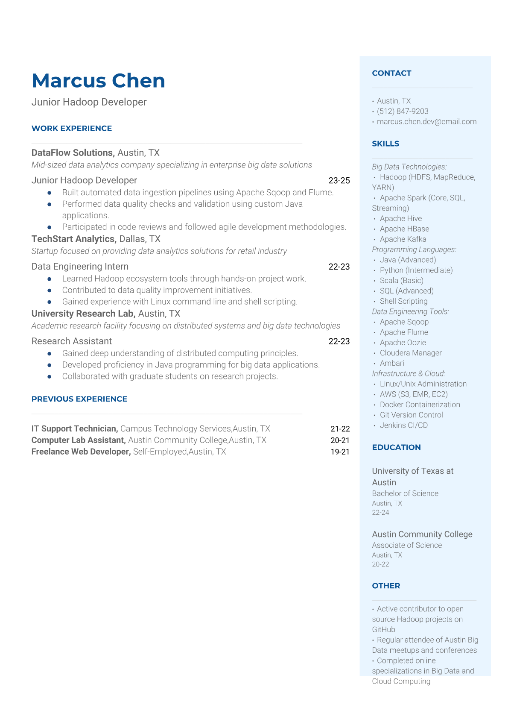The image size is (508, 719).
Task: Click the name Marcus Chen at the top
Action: (98, 81)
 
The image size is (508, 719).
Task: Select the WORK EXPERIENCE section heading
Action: (72, 129)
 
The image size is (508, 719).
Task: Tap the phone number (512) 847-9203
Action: (403, 112)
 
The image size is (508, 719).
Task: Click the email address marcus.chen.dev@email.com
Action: (426, 122)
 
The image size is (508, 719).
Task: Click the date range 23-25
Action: (339, 181)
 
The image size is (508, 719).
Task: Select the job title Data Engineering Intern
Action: (80, 267)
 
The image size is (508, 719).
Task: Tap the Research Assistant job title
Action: (72, 341)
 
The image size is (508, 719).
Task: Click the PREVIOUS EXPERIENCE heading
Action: (79, 399)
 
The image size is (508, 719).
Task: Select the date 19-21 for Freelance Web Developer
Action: (340, 452)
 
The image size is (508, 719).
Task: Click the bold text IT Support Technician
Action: (75, 429)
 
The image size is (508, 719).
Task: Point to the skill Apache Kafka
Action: (403, 239)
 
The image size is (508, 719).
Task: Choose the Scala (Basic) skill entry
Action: (401, 281)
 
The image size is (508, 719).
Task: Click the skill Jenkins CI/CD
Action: (403, 426)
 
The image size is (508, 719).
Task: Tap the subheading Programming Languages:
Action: (414, 249)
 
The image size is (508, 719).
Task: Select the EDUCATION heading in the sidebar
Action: (396, 447)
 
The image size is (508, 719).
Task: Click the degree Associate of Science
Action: (407, 546)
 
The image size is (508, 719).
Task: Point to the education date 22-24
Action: (380, 513)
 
